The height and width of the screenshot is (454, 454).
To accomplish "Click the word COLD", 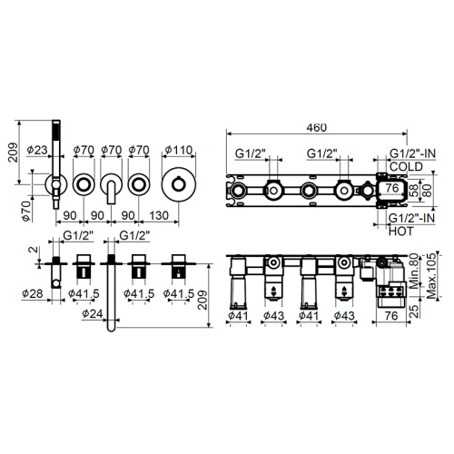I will [x=407, y=167].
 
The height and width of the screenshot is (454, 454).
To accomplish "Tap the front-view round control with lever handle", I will [x=112, y=187].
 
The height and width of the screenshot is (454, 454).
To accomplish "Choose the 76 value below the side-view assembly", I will [x=390, y=317].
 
